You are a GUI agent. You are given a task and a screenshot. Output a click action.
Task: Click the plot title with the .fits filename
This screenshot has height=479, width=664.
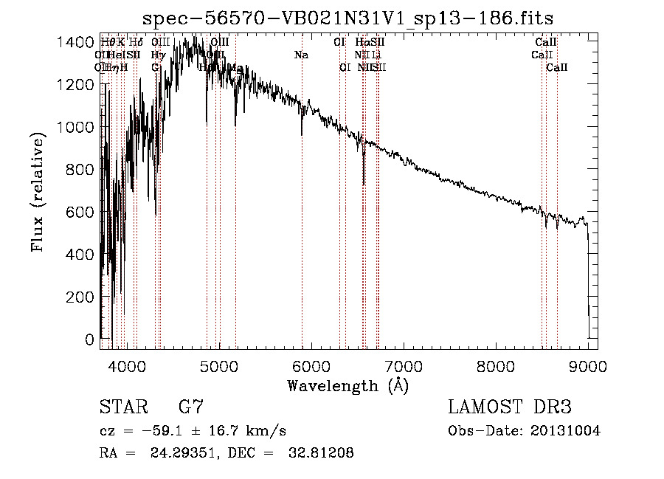click(348, 17)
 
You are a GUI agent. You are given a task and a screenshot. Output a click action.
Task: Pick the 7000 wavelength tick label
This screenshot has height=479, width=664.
click(404, 365)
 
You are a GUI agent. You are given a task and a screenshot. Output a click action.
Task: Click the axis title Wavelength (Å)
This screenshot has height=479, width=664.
click(347, 385)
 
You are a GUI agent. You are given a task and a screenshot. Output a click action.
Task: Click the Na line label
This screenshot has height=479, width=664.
click(301, 55)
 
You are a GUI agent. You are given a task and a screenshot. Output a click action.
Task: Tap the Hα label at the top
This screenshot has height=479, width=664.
click(361, 43)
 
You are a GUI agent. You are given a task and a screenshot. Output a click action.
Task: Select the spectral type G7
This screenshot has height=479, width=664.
click(190, 407)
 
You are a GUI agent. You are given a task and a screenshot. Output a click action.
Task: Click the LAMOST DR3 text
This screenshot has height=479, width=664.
click(509, 407)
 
